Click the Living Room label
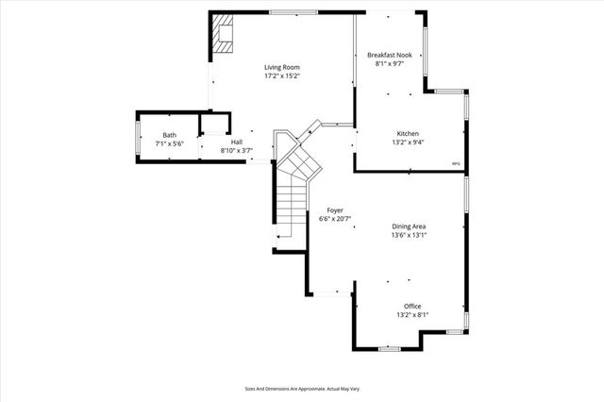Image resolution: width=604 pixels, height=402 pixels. pyautogui.click(x=282, y=67)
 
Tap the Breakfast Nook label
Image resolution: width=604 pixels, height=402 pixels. pyautogui.click(x=389, y=56)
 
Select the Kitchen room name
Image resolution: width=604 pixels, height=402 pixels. pyautogui.click(x=408, y=134)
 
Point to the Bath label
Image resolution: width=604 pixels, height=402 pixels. pyautogui.click(x=169, y=135)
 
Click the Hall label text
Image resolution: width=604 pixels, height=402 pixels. pyautogui.click(x=236, y=142)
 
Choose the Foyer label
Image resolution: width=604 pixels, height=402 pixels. pyautogui.click(x=335, y=209)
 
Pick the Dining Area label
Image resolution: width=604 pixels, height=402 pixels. pyautogui.click(x=410, y=226)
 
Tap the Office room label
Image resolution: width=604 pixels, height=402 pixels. pyautogui.click(x=412, y=307)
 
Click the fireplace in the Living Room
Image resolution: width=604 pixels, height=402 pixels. pyautogui.click(x=224, y=34)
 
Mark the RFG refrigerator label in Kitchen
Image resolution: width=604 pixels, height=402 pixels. pyautogui.click(x=456, y=164)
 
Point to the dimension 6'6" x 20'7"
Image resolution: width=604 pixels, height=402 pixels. pyautogui.click(x=335, y=219)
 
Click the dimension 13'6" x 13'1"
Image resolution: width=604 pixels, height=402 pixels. pyautogui.click(x=410, y=235)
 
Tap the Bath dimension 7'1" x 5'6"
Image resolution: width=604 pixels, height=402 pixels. pyautogui.click(x=169, y=143)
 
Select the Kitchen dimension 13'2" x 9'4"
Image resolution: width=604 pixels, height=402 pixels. pyautogui.click(x=408, y=142)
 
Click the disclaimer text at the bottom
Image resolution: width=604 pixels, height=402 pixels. pyautogui.click(x=301, y=389)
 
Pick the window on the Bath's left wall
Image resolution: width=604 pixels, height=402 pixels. pyautogui.click(x=139, y=138)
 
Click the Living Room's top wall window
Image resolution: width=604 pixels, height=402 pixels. pyautogui.click(x=293, y=12)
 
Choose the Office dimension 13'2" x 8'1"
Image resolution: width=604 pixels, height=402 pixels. pyautogui.click(x=412, y=315)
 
